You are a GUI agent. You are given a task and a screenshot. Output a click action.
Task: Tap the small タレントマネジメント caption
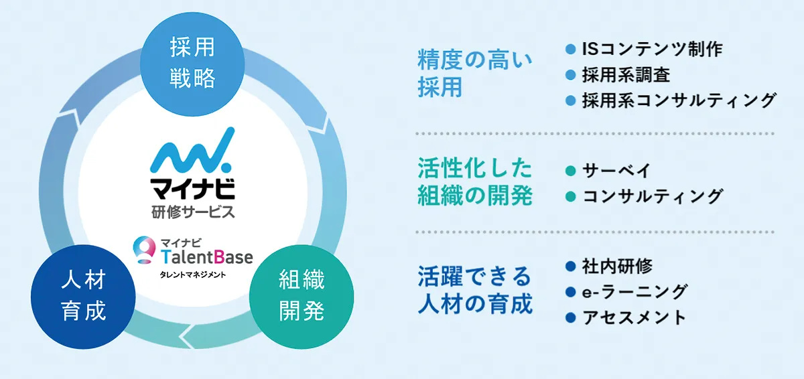[192, 274]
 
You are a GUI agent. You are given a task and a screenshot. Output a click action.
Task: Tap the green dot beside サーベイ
[571, 170]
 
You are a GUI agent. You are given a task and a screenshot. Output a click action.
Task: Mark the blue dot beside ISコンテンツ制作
[571, 49]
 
